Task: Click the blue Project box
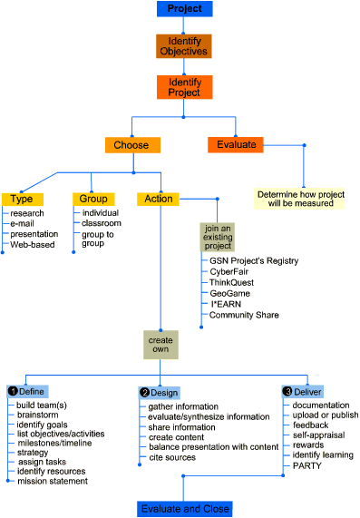tap(184, 10)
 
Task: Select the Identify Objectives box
tap(184, 46)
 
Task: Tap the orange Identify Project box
tap(184, 87)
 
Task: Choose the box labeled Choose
tap(132, 144)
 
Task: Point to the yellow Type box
tap(22, 199)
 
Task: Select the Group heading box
tap(94, 199)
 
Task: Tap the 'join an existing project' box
tap(218, 237)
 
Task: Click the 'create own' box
tap(161, 345)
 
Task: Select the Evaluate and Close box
tap(184, 508)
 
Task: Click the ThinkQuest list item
tap(232, 282)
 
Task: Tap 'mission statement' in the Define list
tap(53, 481)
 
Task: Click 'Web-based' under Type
tap(32, 244)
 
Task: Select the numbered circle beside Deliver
tap(288, 391)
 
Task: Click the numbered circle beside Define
tap(13, 391)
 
